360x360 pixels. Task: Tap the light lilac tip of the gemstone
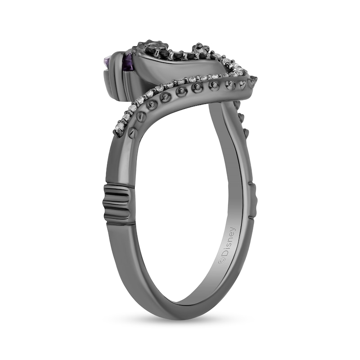108,61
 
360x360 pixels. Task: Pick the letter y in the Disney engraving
232,230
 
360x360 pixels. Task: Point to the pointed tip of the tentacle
255,79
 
